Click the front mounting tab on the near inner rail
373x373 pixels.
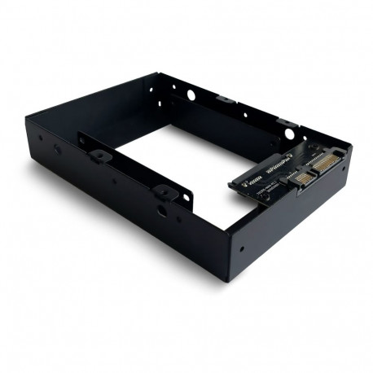coord(165,192)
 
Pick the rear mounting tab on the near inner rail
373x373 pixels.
coord(99,154)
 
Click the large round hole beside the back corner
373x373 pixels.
coord(191,94)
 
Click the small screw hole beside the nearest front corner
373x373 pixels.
coord(242,244)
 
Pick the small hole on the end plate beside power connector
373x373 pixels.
coord(343,170)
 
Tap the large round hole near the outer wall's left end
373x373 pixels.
coord(55,150)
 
